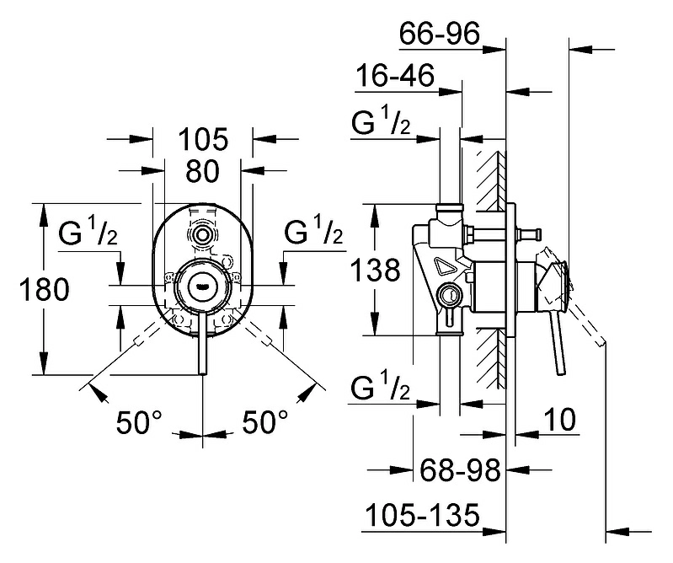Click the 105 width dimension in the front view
(203, 139)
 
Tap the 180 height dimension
(44, 288)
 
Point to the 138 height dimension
(375, 270)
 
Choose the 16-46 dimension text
(395, 75)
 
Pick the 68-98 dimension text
(460, 469)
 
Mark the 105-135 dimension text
(422, 514)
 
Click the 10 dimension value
(559, 419)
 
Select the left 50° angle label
(139, 422)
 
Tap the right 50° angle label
(265, 421)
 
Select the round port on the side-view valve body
(448, 297)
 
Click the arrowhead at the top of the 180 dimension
(43, 215)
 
